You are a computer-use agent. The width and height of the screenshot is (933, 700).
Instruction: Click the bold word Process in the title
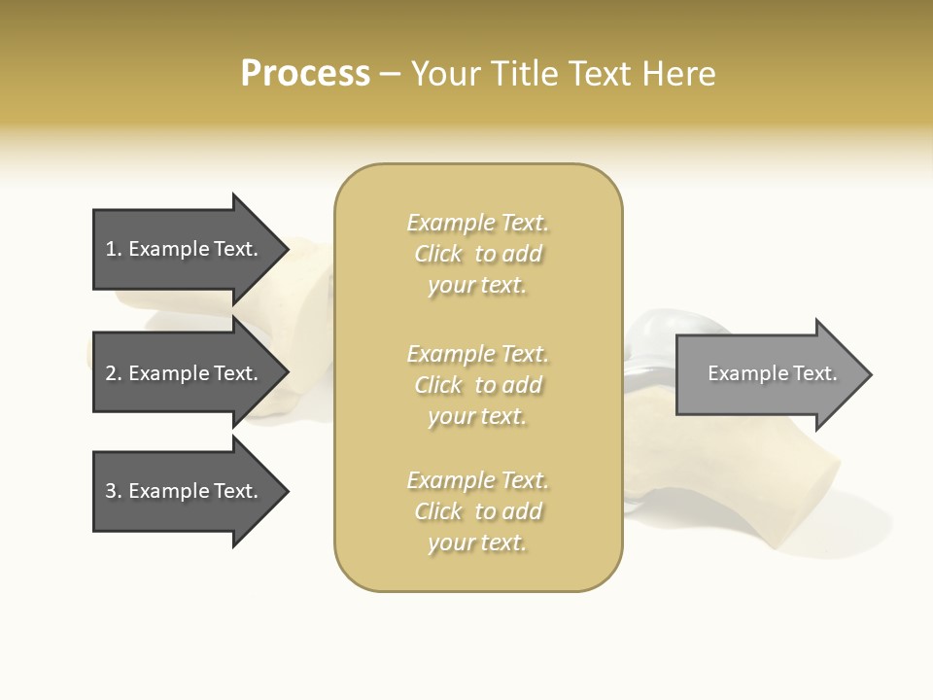click(305, 74)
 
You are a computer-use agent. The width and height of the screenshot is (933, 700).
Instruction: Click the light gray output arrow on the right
click(768, 374)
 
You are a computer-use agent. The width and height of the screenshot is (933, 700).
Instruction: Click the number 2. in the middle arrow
click(114, 373)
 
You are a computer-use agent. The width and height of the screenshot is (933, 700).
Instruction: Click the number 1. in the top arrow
click(114, 249)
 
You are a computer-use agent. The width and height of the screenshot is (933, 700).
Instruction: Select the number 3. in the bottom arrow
click(114, 491)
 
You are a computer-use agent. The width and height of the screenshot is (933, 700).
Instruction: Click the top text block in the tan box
click(477, 254)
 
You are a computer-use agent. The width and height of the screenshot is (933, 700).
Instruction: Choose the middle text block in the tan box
click(477, 385)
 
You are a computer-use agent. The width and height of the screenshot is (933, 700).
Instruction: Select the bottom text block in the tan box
click(477, 511)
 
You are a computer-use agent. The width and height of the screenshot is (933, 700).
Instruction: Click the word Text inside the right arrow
click(815, 373)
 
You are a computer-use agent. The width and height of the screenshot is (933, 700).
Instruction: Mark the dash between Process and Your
click(390, 75)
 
